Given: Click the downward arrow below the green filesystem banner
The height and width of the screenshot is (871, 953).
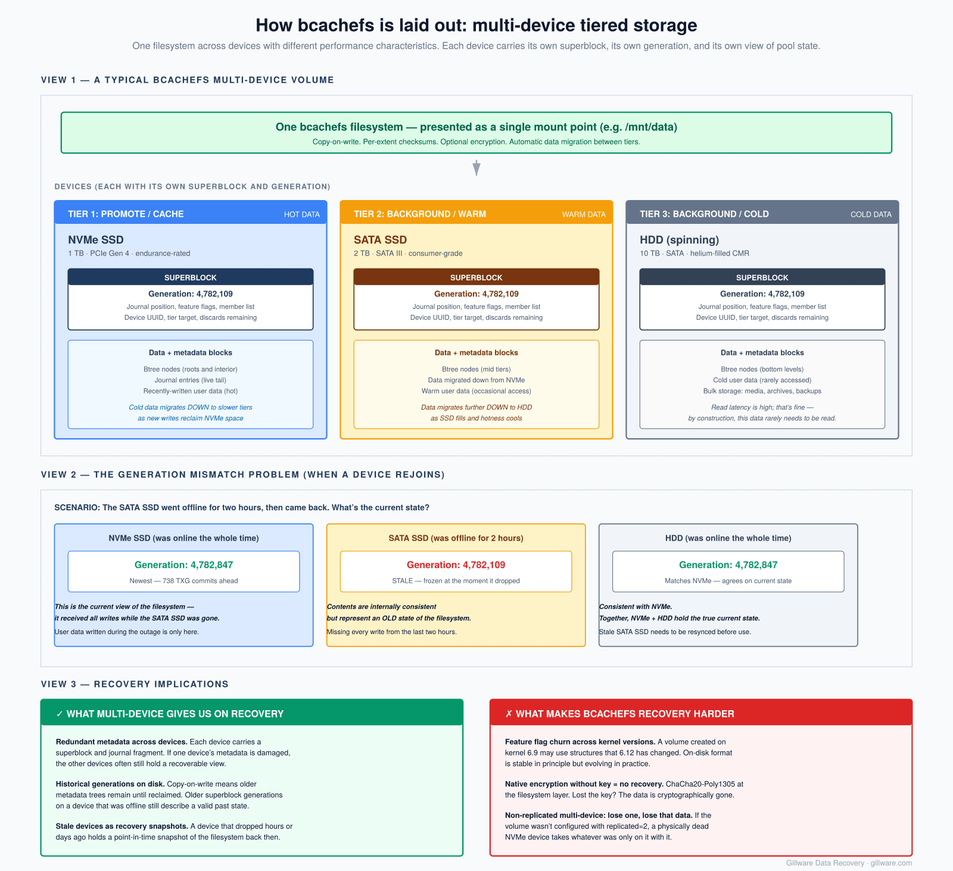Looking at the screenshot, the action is pyautogui.click(x=476, y=167).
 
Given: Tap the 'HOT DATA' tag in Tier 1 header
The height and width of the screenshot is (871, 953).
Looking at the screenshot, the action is pyautogui.click(x=301, y=214).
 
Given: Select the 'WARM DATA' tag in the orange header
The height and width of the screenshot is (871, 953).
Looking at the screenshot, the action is pyautogui.click(x=584, y=214).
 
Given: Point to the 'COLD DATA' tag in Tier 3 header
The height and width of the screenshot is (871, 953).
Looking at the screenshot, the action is pyautogui.click(x=871, y=214).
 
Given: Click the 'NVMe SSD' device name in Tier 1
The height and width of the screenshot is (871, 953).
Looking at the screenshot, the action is pyautogui.click(x=96, y=240).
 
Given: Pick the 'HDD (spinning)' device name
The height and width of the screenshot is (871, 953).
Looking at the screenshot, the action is pyautogui.click(x=679, y=240).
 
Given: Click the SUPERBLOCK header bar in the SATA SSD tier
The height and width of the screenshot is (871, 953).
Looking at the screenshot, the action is pyautogui.click(x=476, y=277).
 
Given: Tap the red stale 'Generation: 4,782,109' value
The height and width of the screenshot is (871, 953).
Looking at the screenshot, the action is pyautogui.click(x=456, y=565).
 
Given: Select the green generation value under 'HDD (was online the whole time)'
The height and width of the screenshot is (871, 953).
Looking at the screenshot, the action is pyautogui.click(x=728, y=565).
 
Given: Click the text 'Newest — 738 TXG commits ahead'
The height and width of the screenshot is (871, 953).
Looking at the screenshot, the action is pyautogui.click(x=183, y=581).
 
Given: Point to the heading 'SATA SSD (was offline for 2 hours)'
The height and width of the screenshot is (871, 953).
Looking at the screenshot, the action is pyautogui.click(x=456, y=538).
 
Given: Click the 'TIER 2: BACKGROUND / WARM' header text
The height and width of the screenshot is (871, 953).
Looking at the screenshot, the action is pyautogui.click(x=420, y=214).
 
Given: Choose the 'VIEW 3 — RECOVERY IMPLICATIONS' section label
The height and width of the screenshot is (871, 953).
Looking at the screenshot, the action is pyautogui.click(x=135, y=684).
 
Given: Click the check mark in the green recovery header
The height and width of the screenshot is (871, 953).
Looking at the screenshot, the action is pyautogui.click(x=60, y=714).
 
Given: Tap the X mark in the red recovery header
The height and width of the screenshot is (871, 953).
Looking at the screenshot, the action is pyautogui.click(x=509, y=714).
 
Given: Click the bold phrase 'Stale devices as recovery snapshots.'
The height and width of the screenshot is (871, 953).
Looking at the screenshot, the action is pyautogui.click(x=122, y=826).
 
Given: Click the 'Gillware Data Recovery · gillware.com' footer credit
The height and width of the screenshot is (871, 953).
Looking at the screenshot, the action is pyautogui.click(x=849, y=863).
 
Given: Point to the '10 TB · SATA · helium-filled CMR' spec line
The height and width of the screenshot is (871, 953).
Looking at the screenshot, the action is pyautogui.click(x=694, y=254).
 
